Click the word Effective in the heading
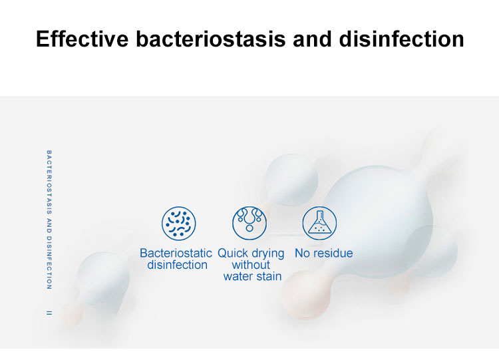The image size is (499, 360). [83, 39]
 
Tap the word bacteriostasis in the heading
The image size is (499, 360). [211, 39]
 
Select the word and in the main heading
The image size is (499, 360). [312, 39]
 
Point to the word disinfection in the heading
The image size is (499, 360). [402, 39]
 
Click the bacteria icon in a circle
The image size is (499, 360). [178, 223]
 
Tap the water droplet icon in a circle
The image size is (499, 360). [249, 223]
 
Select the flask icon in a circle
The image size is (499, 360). [319, 223]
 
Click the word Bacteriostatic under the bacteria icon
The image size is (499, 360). [176, 253]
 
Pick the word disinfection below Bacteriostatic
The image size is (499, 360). [177, 264]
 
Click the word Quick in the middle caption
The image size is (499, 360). [233, 253]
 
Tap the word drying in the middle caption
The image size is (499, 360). [267, 254]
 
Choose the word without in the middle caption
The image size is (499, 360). [251, 264]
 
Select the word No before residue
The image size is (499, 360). [301, 253]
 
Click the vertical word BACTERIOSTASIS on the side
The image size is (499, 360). [49, 182]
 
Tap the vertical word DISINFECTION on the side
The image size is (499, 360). [49, 263]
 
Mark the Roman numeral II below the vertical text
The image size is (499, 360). [49, 313]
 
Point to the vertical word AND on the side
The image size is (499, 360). [49, 225]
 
